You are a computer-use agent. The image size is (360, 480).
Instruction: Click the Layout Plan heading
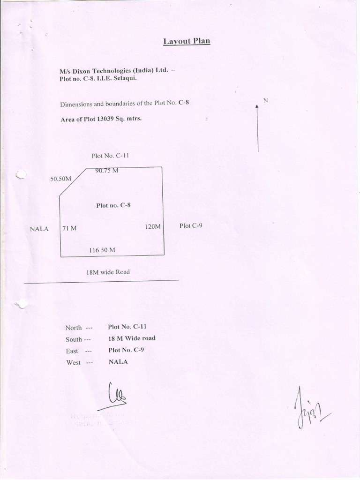tap(187, 41)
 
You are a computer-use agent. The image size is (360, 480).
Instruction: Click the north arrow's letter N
tap(265, 100)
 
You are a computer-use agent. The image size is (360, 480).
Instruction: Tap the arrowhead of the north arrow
tap(257, 107)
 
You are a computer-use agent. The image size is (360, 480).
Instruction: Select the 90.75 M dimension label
tap(106, 171)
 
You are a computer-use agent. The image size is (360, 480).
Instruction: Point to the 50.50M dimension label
tap(60, 179)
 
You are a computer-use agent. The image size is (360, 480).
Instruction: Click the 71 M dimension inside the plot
tap(69, 228)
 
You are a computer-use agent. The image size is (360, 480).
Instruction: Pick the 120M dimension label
tap(153, 226)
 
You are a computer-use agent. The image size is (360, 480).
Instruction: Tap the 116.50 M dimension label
tap(102, 250)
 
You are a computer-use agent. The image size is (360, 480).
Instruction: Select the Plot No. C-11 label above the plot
tap(107, 156)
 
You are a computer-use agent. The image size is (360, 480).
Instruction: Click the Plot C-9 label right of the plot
tap(191, 225)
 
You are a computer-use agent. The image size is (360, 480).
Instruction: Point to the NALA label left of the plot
tap(39, 229)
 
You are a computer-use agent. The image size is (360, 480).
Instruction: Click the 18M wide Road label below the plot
tap(108, 272)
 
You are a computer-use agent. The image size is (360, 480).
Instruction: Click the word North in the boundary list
tap(74, 328)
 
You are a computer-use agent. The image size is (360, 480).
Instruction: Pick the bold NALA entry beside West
tap(118, 362)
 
